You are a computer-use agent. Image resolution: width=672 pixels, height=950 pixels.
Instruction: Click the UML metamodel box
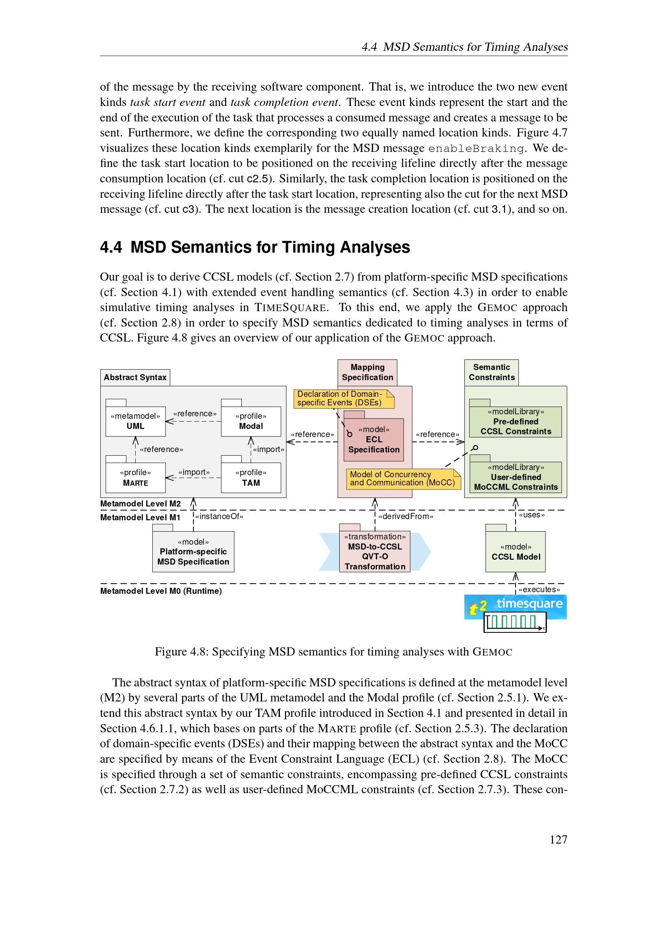point(135,421)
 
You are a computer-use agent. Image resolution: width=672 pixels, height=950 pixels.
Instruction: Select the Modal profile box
point(251,421)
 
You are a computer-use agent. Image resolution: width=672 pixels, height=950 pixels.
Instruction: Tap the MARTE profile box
point(135,478)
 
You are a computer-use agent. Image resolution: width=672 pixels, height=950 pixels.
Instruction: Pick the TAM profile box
point(251,478)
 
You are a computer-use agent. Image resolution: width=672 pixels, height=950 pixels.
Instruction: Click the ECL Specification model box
point(374,439)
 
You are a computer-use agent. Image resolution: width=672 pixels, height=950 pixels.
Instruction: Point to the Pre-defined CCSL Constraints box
point(515,422)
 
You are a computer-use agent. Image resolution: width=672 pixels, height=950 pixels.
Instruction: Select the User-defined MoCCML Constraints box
point(515,477)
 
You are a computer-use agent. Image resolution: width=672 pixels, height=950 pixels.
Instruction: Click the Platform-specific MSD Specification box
point(193,552)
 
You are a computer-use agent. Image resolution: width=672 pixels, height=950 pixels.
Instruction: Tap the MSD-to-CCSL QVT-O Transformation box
point(375,551)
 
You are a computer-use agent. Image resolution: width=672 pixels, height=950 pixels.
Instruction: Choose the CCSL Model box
point(516,552)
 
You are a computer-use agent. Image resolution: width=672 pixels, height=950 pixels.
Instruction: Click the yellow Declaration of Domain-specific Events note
point(343,398)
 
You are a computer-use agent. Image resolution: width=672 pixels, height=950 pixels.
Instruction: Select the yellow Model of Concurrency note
point(403,479)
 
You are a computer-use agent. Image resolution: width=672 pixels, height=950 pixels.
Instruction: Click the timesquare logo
point(516,606)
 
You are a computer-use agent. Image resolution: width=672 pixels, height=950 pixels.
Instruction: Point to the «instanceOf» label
point(219,516)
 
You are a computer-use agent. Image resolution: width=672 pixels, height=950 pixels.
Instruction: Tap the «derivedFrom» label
point(405,516)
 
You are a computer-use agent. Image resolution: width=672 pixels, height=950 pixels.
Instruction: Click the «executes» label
point(539,590)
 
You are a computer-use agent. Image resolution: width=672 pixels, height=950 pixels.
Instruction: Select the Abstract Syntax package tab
point(135,377)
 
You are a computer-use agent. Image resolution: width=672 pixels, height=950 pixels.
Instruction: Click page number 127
point(558,840)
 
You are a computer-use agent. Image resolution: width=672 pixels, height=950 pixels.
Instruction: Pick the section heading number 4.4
point(111,247)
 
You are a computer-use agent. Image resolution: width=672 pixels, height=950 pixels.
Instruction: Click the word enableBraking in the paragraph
point(476,149)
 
